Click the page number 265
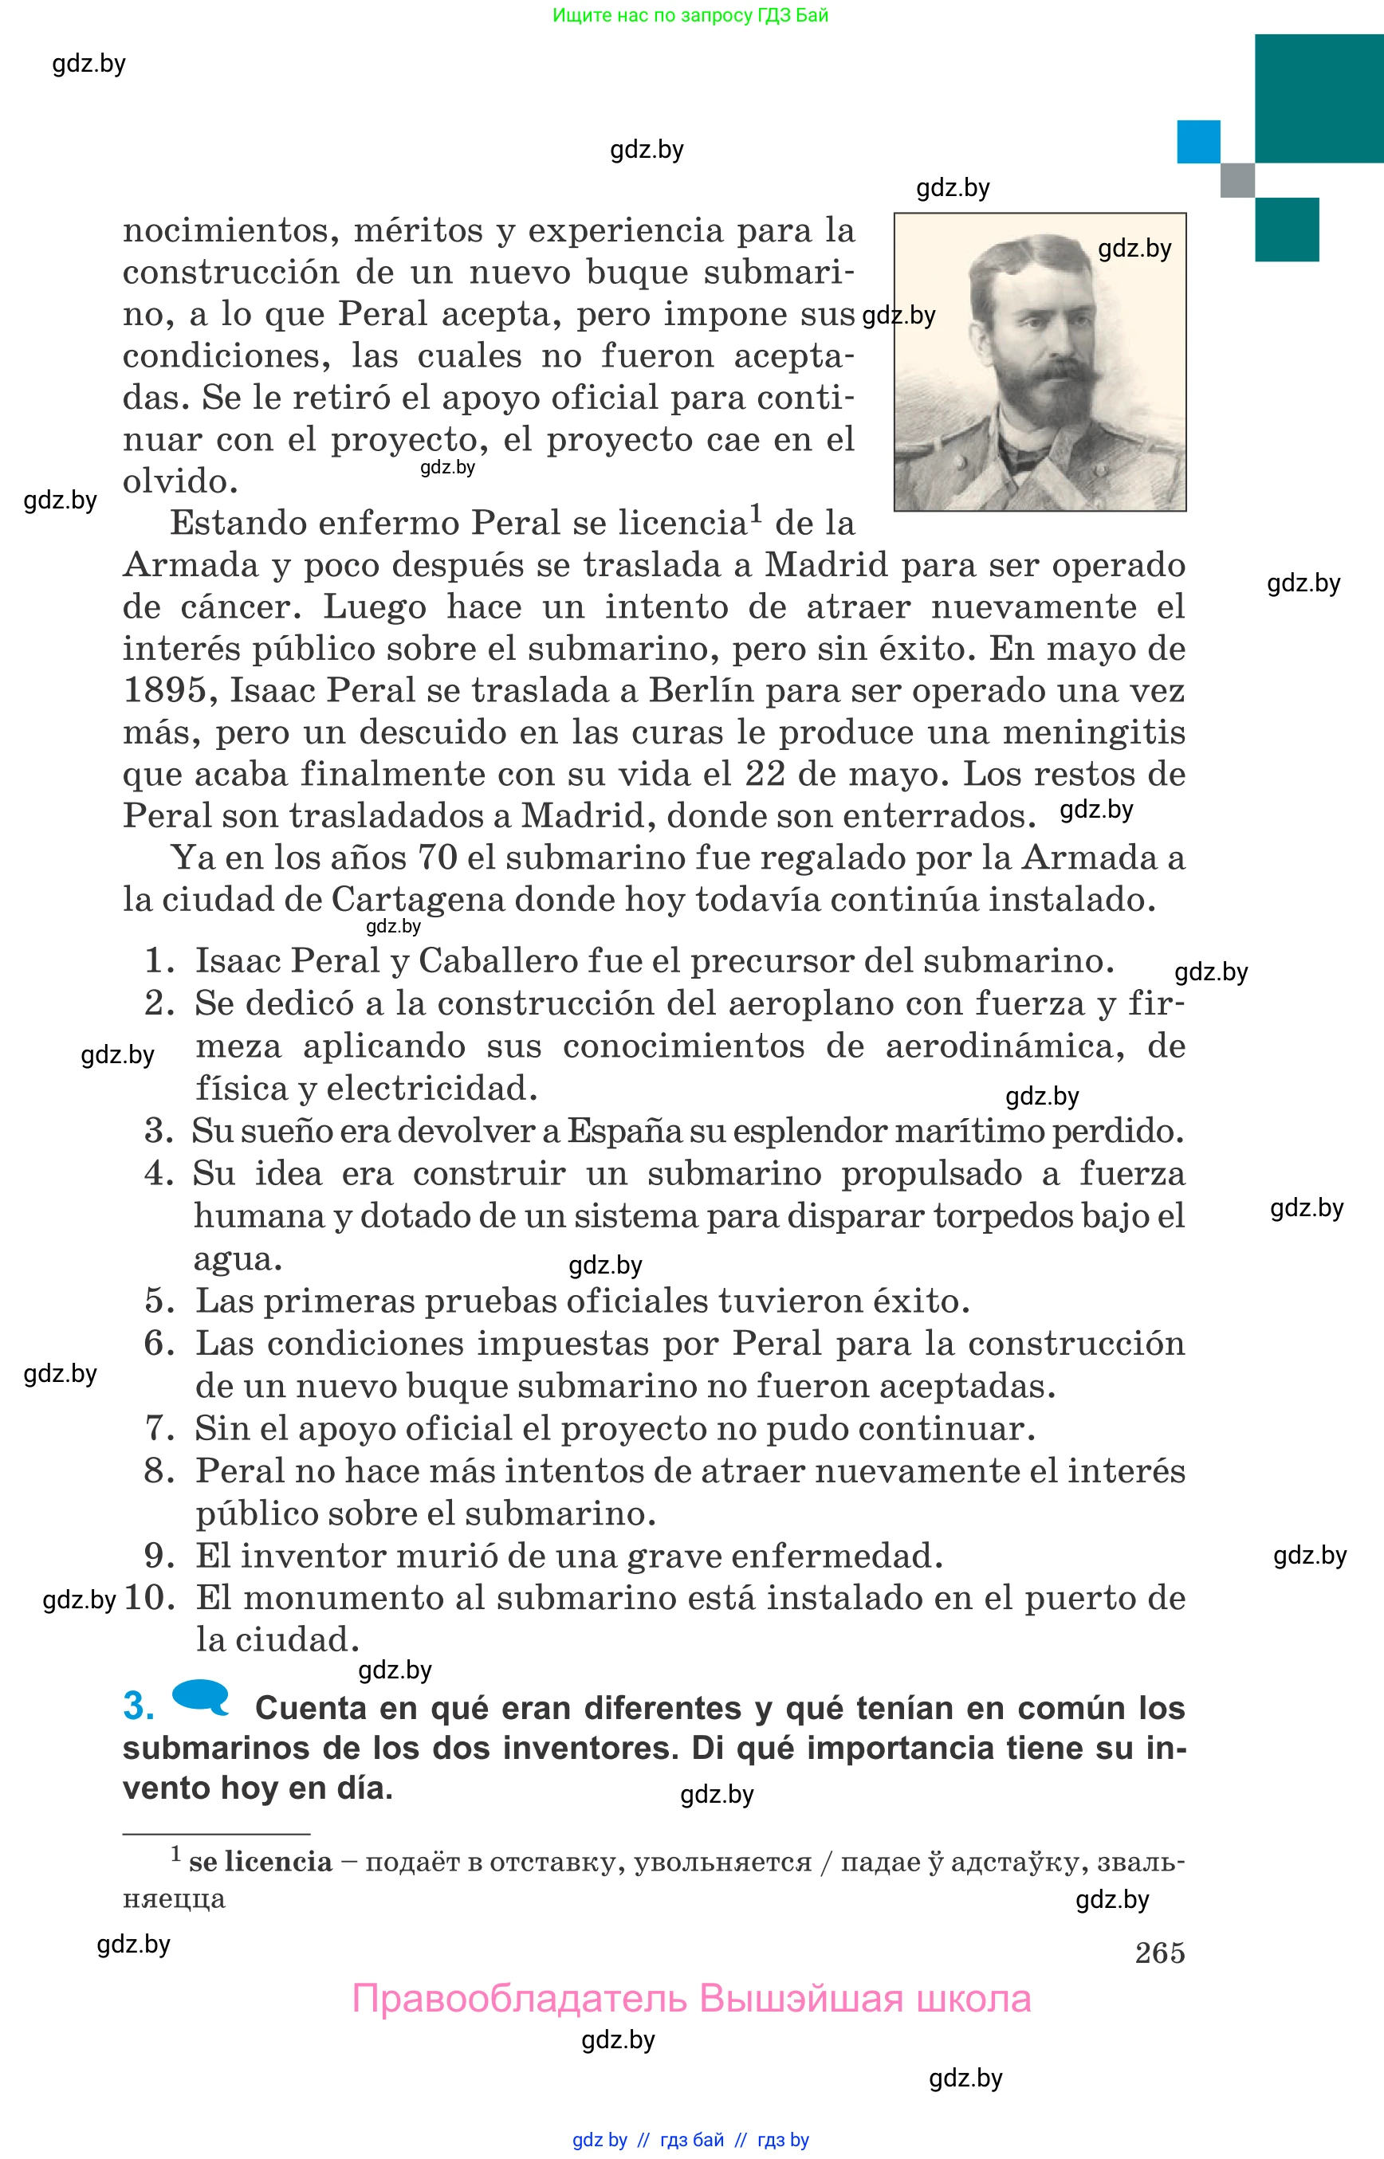point(1159,1953)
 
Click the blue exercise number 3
point(139,1707)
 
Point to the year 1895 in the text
point(165,691)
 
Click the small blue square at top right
point(1198,142)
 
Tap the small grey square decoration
point(1237,179)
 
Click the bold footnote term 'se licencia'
point(260,1862)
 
